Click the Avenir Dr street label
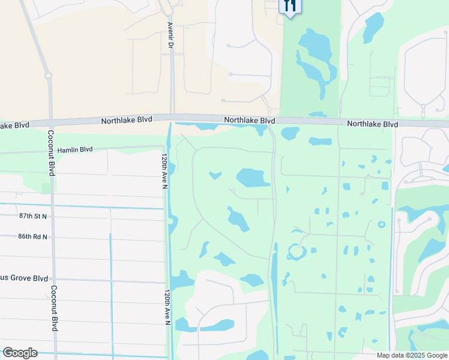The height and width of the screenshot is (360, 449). tap(170, 37)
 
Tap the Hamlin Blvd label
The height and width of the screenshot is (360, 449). tap(75, 149)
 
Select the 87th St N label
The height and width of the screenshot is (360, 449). tap(33, 215)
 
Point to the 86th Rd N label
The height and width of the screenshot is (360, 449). tap(32, 236)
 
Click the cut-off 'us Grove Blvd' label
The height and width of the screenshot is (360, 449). tap(24, 278)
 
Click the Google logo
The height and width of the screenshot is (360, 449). tap(20, 353)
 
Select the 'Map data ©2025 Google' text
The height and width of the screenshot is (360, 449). tap(411, 355)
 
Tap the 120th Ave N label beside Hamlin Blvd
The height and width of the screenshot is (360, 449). tap(164, 171)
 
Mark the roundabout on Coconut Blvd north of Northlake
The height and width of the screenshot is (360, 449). tap(47, 76)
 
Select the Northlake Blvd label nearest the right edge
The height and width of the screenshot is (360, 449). tap(372, 124)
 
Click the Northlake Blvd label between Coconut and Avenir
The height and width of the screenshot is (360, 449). tap(126, 120)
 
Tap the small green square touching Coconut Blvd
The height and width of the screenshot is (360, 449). tap(47, 188)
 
